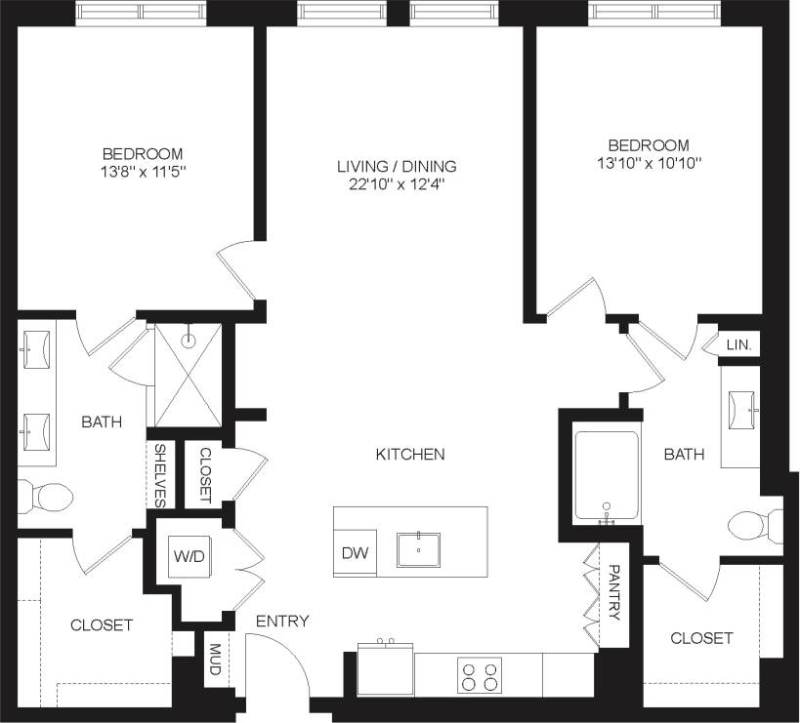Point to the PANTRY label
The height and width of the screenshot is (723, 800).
614,592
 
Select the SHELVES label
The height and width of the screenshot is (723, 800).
160,475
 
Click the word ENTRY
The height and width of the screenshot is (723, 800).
282,622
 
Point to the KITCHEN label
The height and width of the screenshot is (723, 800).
410,454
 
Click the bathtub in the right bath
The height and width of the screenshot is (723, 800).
607,474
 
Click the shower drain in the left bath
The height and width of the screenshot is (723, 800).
189,341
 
